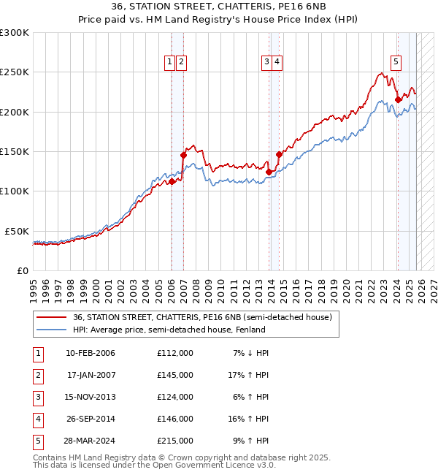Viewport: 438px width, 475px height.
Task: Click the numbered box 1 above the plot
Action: [169, 63]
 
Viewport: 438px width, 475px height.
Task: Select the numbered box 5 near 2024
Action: [395, 63]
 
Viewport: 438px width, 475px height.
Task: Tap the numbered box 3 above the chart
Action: [267, 63]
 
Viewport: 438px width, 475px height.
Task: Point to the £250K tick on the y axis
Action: [15, 72]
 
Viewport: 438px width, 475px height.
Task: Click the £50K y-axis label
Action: [17, 231]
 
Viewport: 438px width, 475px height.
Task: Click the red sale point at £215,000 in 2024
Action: [398, 100]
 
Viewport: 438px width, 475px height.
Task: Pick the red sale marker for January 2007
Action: [183, 155]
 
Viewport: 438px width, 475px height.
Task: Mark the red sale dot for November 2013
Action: [269, 172]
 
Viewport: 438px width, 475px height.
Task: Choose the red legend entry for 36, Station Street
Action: [202, 317]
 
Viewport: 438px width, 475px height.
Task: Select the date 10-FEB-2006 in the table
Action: [91, 353]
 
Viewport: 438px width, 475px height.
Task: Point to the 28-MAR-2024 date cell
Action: [90, 441]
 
